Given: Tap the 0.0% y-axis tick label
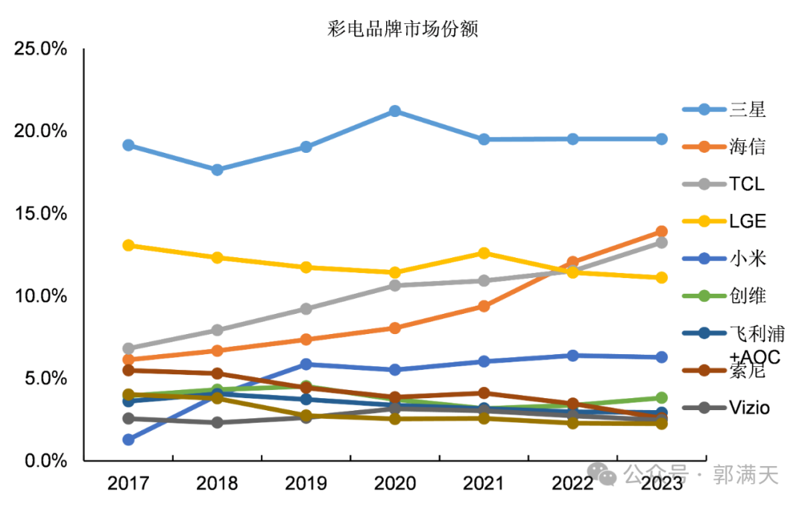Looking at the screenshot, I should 44,461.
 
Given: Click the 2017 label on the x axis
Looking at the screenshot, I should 128,484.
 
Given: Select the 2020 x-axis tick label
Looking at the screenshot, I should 395,484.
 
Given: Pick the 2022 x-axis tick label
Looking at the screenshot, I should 572,484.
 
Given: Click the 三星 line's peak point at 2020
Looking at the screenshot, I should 395,111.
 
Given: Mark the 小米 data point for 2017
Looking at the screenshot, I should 128,440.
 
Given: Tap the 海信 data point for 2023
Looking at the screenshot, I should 661,232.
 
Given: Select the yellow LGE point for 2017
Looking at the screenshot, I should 128,245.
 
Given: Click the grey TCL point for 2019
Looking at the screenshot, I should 306,309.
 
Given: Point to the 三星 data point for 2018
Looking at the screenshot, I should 217,170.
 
